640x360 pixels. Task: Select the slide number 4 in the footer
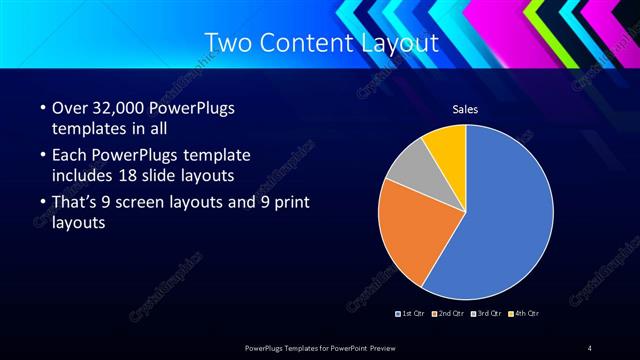590,347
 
